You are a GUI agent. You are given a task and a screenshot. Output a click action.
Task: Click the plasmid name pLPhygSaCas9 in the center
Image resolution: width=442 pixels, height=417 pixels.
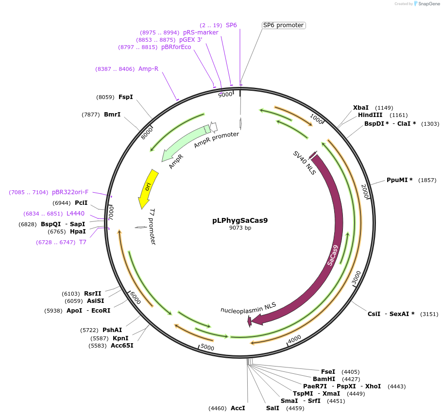point(240,220)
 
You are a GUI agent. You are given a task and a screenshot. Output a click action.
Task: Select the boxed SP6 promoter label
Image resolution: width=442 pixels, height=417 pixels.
point(283,25)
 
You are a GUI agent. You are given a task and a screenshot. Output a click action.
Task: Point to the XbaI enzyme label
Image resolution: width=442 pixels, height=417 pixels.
point(360,108)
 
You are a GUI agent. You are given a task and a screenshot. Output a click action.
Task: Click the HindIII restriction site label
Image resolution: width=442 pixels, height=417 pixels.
point(370,116)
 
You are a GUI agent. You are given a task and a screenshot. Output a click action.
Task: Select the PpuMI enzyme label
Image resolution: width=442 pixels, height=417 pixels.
point(399,180)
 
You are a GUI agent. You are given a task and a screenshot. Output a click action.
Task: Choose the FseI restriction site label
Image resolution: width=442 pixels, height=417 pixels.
point(328,372)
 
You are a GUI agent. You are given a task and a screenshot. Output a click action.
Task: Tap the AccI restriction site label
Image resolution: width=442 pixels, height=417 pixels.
point(238,408)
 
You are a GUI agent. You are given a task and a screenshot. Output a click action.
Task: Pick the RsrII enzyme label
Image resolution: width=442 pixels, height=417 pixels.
point(93,294)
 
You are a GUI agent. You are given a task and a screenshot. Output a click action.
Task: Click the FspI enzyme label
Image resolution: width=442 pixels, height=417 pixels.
point(126,97)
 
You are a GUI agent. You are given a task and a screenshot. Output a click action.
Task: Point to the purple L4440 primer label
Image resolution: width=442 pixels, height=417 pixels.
point(75,214)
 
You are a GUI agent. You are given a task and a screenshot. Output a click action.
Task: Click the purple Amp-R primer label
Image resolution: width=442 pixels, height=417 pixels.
point(148,69)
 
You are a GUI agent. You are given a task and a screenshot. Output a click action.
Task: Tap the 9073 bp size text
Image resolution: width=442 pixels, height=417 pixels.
point(240,228)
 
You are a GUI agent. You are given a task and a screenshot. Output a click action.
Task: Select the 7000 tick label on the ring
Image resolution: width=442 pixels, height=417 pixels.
point(111,212)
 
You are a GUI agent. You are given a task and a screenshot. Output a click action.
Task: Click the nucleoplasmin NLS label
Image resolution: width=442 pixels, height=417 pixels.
point(248,308)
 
